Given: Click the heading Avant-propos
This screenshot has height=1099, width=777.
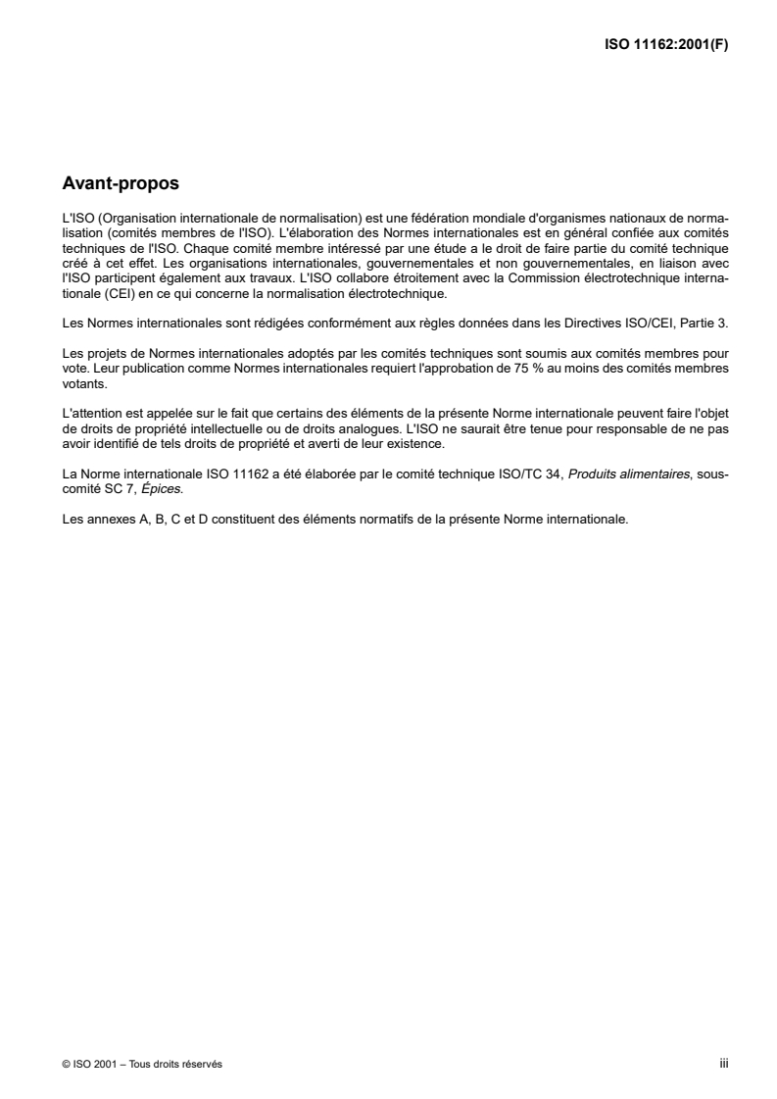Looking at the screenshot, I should click(121, 182).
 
